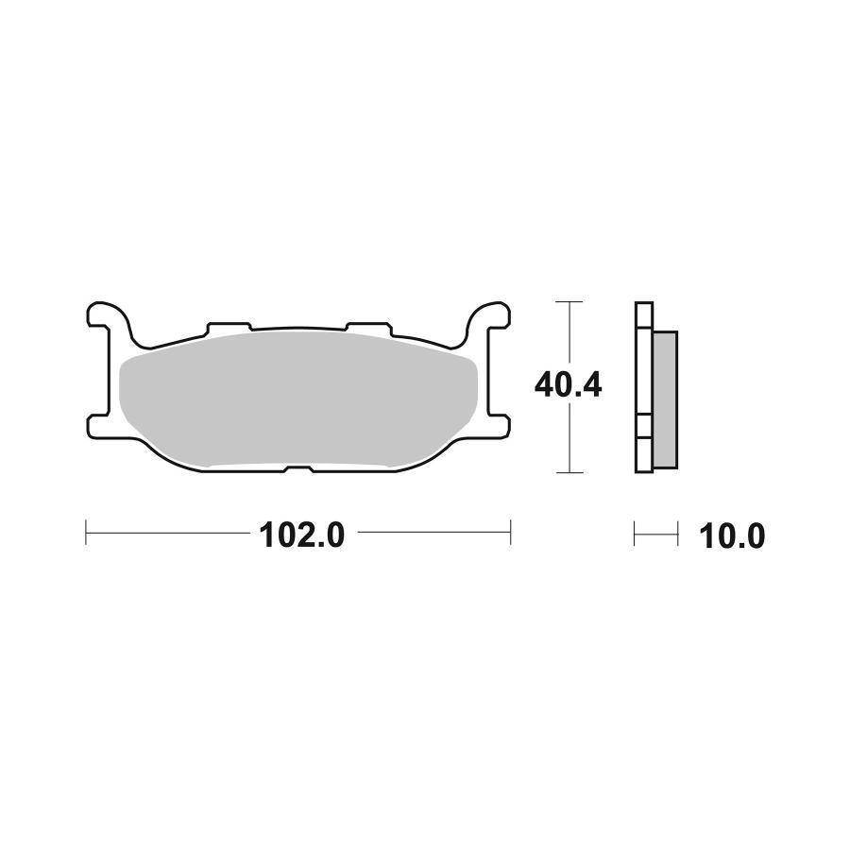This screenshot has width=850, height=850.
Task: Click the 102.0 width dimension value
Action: point(302,535)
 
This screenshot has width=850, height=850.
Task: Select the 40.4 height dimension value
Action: point(568,385)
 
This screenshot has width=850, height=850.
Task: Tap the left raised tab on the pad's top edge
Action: point(228,326)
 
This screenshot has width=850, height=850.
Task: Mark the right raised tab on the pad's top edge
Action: point(367,326)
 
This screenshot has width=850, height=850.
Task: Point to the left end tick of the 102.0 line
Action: point(87,531)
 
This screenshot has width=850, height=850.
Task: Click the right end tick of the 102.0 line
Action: point(511,531)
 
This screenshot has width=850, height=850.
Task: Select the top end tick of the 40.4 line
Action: point(568,302)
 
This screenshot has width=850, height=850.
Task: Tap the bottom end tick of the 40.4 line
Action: point(568,472)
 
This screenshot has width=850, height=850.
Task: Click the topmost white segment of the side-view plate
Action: point(643,314)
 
